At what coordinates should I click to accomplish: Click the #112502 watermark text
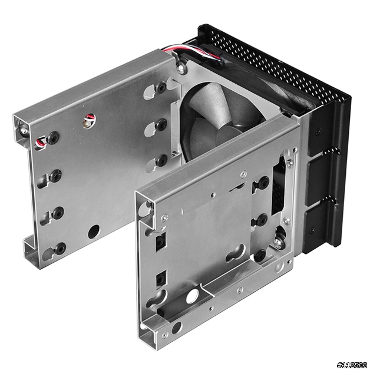pos(352,365)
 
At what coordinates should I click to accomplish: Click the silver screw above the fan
pos(180,68)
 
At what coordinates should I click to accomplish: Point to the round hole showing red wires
pos(89,120)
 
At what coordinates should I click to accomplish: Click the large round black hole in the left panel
pos(94,232)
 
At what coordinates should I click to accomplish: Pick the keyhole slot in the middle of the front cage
pos(236,253)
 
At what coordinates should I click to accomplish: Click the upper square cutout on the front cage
pos(161,242)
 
